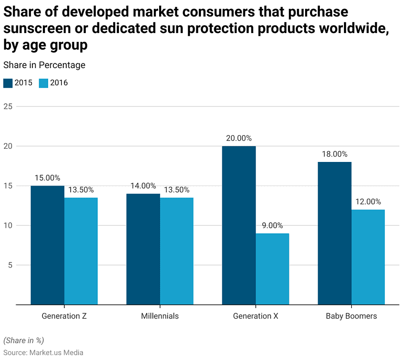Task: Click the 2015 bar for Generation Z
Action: (48, 245)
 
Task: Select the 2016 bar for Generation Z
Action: (81, 250)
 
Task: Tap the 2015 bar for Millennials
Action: (143, 249)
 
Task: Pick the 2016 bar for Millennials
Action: (176, 250)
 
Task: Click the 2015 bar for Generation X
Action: (239, 225)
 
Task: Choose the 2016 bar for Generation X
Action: (272, 268)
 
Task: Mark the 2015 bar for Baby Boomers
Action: (334, 233)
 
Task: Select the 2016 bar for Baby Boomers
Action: (368, 257)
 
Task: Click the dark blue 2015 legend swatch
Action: (8, 83)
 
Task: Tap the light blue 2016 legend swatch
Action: (43, 83)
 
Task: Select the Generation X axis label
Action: (255, 316)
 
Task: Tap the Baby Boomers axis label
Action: (351, 316)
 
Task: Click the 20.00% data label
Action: (239, 138)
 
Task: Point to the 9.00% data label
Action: (272, 225)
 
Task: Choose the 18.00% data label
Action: (334, 154)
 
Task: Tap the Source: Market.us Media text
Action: (43, 353)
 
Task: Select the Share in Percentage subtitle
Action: (44, 65)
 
